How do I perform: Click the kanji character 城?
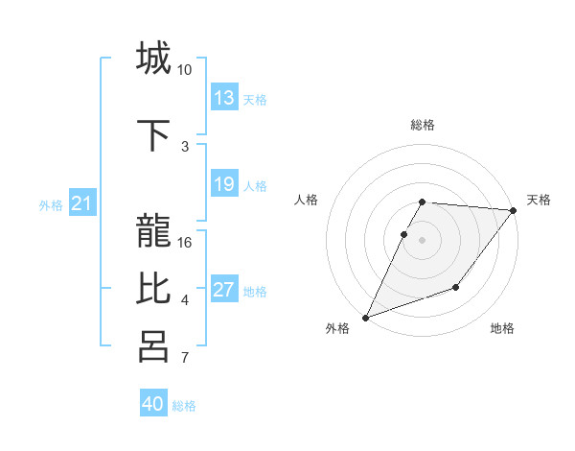coord(153,58)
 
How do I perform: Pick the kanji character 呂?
coord(153,345)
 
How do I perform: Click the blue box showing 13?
coord(224,98)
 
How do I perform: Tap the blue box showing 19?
coord(224,184)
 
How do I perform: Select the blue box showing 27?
coord(224,290)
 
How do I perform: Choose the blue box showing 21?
coord(82,202)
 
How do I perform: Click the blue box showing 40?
coord(153,404)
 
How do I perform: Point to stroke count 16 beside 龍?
coord(185,242)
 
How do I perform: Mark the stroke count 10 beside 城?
coord(185,70)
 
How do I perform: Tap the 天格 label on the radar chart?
coord(539,200)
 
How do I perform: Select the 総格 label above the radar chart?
coord(423,125)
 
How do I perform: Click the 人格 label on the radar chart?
coord(307,200)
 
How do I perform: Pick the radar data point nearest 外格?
coord(365,318)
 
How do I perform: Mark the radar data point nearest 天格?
coord(514,210)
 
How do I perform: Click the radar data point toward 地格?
coord(456,287)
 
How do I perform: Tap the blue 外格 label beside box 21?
coord(51,204)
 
